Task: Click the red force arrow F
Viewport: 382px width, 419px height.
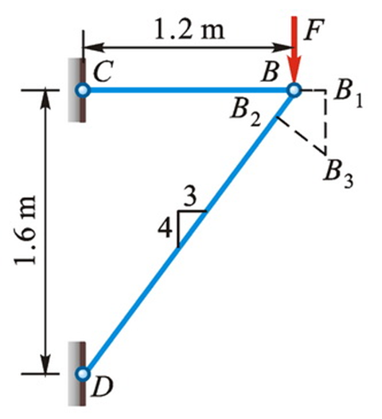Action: [x=294, y=49]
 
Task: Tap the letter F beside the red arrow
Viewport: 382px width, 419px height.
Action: [x=314, y=29]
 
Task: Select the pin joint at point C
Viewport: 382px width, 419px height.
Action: [x=83, y=90]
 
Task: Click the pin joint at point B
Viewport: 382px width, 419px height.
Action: [x=294, y=90]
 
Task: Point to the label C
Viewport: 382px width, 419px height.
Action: [x=102, y=71]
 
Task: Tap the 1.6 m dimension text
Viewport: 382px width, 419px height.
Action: [x=25, y=231]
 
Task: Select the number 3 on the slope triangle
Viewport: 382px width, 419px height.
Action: [x=191, y=197]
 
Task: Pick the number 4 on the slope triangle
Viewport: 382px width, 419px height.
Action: [x=165, y=229]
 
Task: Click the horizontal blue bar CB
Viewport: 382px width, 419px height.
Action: [x=189, y=90]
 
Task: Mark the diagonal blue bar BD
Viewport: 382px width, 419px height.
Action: [x=189, y=231]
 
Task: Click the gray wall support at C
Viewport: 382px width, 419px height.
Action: [x=76, y=90]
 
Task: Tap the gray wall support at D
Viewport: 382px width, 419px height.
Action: [x=76, y=374]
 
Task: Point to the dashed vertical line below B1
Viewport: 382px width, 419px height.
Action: [x=325, y=123]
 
